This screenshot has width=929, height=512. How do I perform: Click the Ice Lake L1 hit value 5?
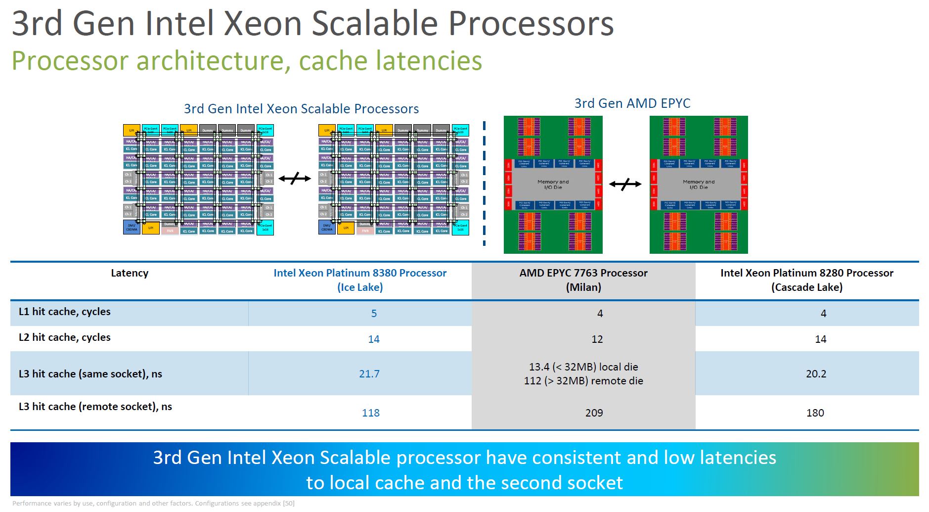[374, 313]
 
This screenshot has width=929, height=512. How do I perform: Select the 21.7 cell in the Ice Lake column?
[369, 373]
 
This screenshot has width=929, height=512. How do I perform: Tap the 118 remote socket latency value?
[370, 413]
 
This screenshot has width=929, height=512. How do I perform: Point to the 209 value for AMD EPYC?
[594, 413]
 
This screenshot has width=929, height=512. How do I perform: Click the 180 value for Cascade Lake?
[815, 413]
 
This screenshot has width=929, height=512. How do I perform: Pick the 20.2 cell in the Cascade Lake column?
[816, 373]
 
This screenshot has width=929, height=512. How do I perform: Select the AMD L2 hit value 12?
[597, 339]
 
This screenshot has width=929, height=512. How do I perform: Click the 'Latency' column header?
[130, 273]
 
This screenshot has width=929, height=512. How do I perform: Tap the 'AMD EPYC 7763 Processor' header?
[583, 273]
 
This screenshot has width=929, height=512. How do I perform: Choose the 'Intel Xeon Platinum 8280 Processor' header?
[806, 273]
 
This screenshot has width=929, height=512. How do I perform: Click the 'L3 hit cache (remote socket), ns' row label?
[95, 407]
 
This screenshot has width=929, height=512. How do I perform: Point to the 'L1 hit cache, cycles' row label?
[65, 312]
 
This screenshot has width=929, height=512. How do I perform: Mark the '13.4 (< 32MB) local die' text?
[583, 367]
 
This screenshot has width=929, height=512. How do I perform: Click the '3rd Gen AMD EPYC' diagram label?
[632, 103]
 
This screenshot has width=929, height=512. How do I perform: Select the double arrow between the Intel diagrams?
[295, 179]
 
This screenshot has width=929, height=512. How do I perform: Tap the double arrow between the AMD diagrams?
[625, 185]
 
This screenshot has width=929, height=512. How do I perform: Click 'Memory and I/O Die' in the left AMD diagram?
[553, 185]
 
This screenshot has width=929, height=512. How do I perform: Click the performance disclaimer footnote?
[153, 504]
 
